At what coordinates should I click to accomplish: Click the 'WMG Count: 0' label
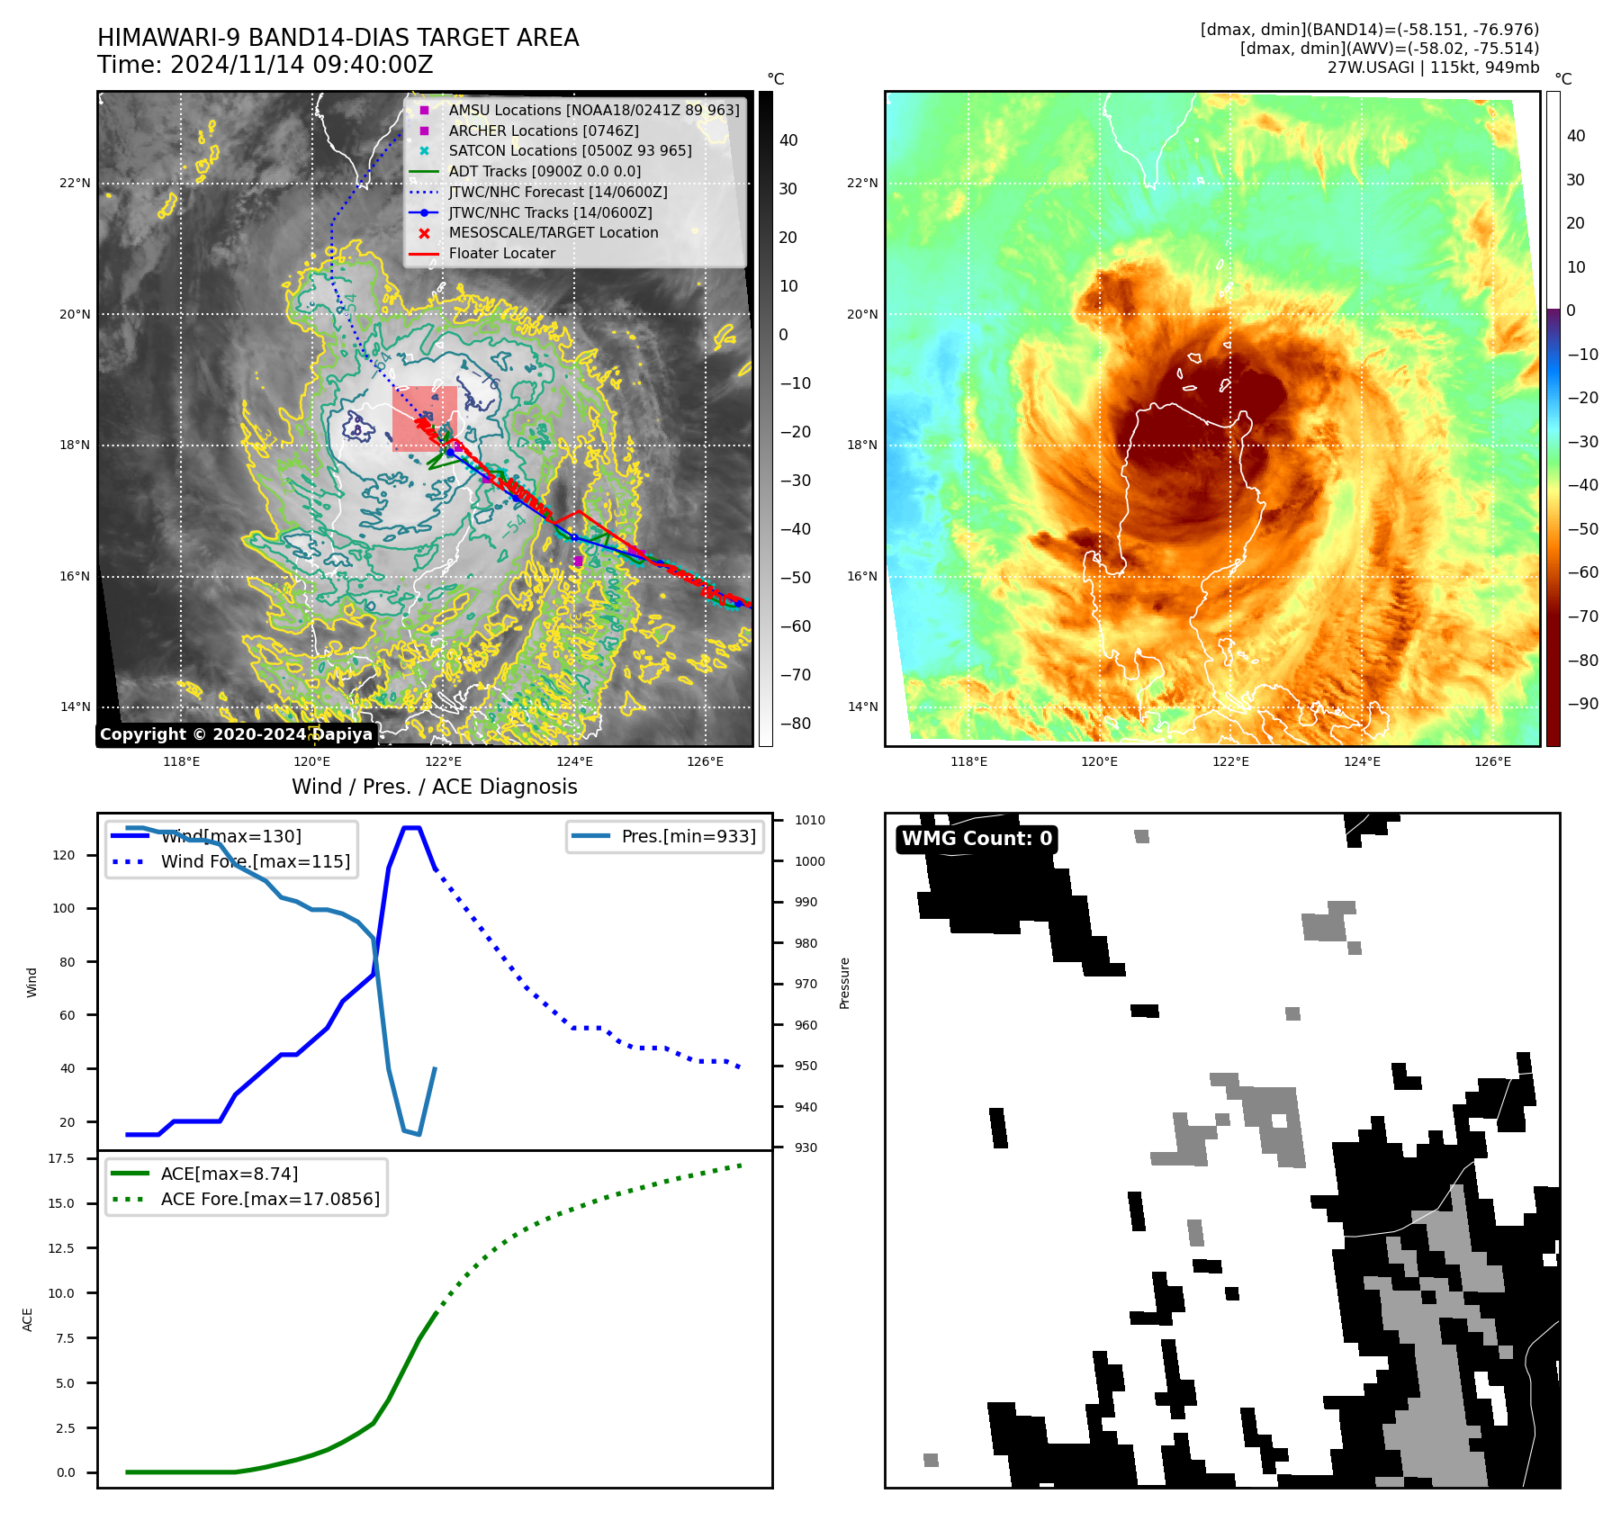(977, 839)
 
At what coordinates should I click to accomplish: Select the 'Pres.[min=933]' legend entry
(689, 837)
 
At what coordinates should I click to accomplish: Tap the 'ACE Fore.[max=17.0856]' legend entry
(270, 1200)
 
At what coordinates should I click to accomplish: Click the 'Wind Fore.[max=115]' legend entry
(256, 862)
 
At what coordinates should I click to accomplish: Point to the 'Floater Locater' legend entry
(501, 254)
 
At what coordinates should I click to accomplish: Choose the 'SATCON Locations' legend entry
(570, 151)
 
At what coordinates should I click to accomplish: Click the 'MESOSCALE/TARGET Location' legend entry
(553, 233)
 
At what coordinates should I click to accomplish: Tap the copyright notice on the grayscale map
(236, 734)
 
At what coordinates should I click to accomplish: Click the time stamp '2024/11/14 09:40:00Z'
(302, 66)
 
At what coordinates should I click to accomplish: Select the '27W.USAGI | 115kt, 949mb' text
(1433, 67)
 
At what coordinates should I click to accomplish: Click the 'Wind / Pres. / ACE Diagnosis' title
(434, 787)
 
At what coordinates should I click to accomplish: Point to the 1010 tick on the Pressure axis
(809, 821)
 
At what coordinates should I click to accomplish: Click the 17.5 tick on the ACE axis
(61, 1159)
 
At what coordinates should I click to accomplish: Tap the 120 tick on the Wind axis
(64, 856)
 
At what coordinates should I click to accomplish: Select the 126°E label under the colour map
(1492, 762)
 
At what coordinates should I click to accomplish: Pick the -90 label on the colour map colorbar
(1582, 704)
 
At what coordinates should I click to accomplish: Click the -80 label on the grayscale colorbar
(796, 724)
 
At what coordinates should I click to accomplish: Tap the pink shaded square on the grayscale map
(424, 418)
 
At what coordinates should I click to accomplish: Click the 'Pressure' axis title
(845, 984)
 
